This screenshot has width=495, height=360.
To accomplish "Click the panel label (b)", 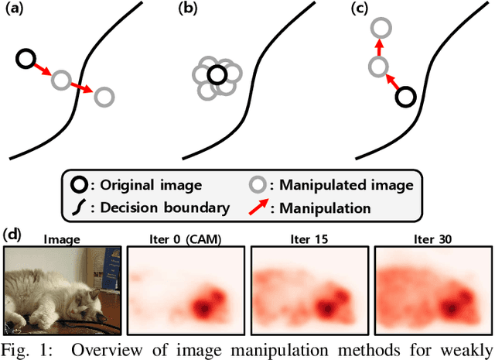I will [x=188, y=10].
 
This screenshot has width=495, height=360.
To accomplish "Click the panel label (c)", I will [x=359, y=10].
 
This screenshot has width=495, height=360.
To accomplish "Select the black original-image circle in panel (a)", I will [x=26, y=57].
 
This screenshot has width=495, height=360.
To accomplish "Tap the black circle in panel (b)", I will [x=217, y=75].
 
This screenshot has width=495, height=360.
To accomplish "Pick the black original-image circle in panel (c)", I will [x=406, y=97].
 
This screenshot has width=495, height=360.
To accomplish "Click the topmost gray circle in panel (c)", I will [x=379, y=29].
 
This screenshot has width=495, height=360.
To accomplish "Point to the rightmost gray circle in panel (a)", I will [x=104, y=97].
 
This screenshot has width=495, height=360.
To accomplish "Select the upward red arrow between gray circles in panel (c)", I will [x=379, y=48].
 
